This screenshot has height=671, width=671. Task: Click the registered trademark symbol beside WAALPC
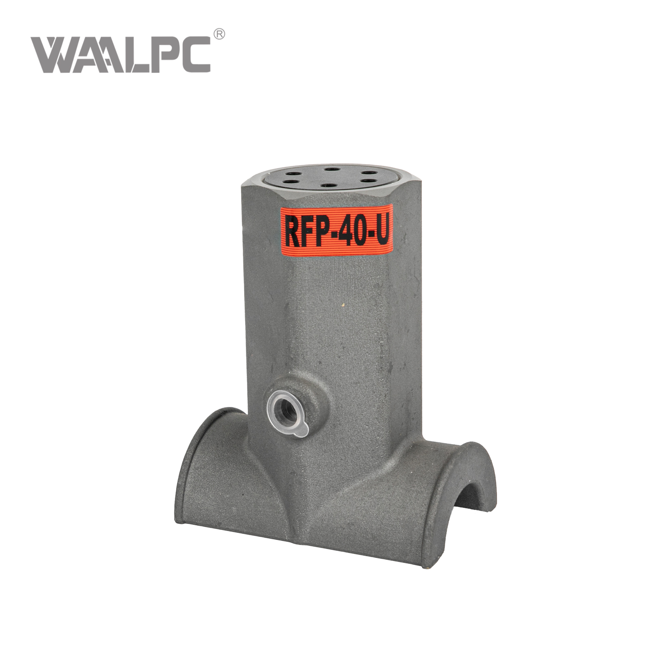point(219,34)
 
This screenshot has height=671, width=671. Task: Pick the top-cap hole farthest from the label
point(331,170)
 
